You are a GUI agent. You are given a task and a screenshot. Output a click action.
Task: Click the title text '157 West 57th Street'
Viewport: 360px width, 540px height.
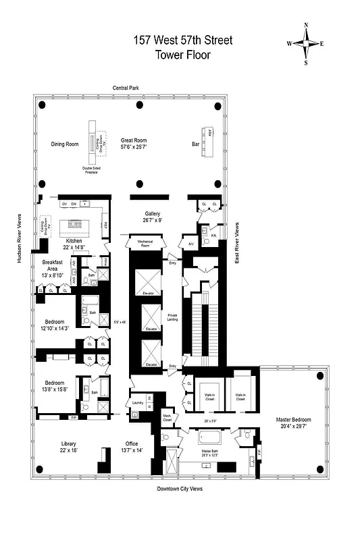point(182,40)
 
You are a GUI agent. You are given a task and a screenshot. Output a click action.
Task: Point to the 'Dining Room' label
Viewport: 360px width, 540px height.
point(66,144)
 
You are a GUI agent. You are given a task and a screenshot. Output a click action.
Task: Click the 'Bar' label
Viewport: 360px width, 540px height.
point(195,143)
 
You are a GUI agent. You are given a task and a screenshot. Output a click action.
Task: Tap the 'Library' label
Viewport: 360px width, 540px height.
point(69,443)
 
